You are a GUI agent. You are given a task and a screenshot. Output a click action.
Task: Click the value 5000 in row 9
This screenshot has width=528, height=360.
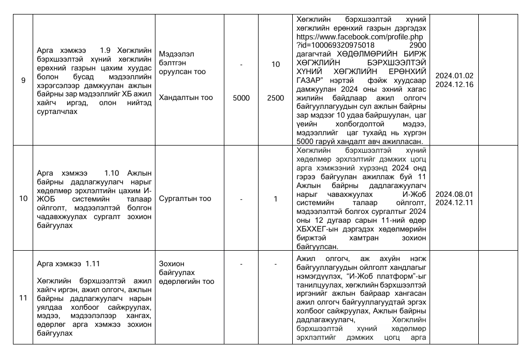point(241,98)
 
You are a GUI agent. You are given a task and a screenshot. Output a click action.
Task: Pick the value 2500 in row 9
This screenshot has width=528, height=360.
point(276,98)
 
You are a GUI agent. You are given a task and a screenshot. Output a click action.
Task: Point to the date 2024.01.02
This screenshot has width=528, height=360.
point(454,76)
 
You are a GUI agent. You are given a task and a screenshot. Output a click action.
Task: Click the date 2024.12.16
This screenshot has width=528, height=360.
point(454,84)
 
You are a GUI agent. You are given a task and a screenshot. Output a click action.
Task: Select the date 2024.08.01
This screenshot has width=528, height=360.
point(454,194)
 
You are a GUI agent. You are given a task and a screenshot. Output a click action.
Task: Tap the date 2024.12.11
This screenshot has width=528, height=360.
point(454,203)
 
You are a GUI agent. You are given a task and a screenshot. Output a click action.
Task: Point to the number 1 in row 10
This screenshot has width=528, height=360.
point(276,199)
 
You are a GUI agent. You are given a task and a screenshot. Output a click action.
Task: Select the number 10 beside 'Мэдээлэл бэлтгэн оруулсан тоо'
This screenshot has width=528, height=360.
point(276,64)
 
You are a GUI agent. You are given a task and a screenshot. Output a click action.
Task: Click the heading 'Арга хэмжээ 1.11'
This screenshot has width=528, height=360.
point(69,264)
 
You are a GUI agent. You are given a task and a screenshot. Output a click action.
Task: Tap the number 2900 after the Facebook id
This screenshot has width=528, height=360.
point(417,46)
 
